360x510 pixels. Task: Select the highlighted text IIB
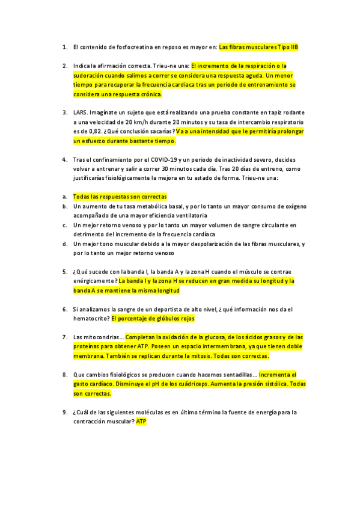point(293,46)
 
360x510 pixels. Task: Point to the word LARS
point(80,112)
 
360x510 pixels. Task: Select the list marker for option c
point(64,225)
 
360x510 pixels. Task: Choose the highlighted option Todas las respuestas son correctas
point(120,197)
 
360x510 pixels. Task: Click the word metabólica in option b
point(153,206)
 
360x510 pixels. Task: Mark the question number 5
point(64,271)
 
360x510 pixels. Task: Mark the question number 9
point(64,412)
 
